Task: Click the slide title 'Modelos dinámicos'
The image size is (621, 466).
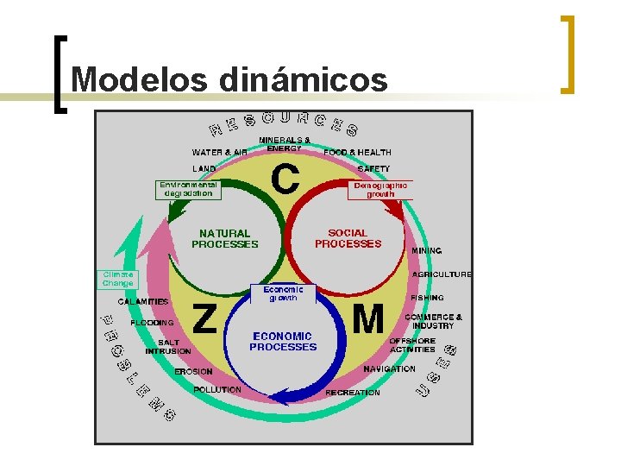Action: tap(229, 79)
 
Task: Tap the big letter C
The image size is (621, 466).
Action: tap(285, 179)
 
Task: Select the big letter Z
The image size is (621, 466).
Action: tap(204, 318)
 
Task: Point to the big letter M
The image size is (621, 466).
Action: tap(368, 320)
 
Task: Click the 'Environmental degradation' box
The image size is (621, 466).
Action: tap(188, 189)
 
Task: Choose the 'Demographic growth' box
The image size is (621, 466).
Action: tap(380, 190)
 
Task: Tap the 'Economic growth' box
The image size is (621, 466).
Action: tap(283, 293)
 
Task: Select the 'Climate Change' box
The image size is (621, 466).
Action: tap(118, 279)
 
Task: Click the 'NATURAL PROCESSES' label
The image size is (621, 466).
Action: tap(224, 238)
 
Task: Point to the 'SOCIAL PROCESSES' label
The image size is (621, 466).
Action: tap(348, 238)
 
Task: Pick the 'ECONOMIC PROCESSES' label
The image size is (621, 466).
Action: tap(283, 342)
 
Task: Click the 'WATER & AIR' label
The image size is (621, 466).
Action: tap(219, 153)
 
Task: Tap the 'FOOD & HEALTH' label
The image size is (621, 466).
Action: tap(357, 153)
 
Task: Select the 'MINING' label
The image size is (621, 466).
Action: tap(426, 250)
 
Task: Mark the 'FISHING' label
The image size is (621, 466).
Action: tap(427, 297)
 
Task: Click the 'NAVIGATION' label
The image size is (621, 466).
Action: tap(389, 368)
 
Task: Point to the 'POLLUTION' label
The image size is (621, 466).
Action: tap(217, 390)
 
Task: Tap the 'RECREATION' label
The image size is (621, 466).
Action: tap(353, 393)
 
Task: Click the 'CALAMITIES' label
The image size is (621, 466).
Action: tap(143, 301)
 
